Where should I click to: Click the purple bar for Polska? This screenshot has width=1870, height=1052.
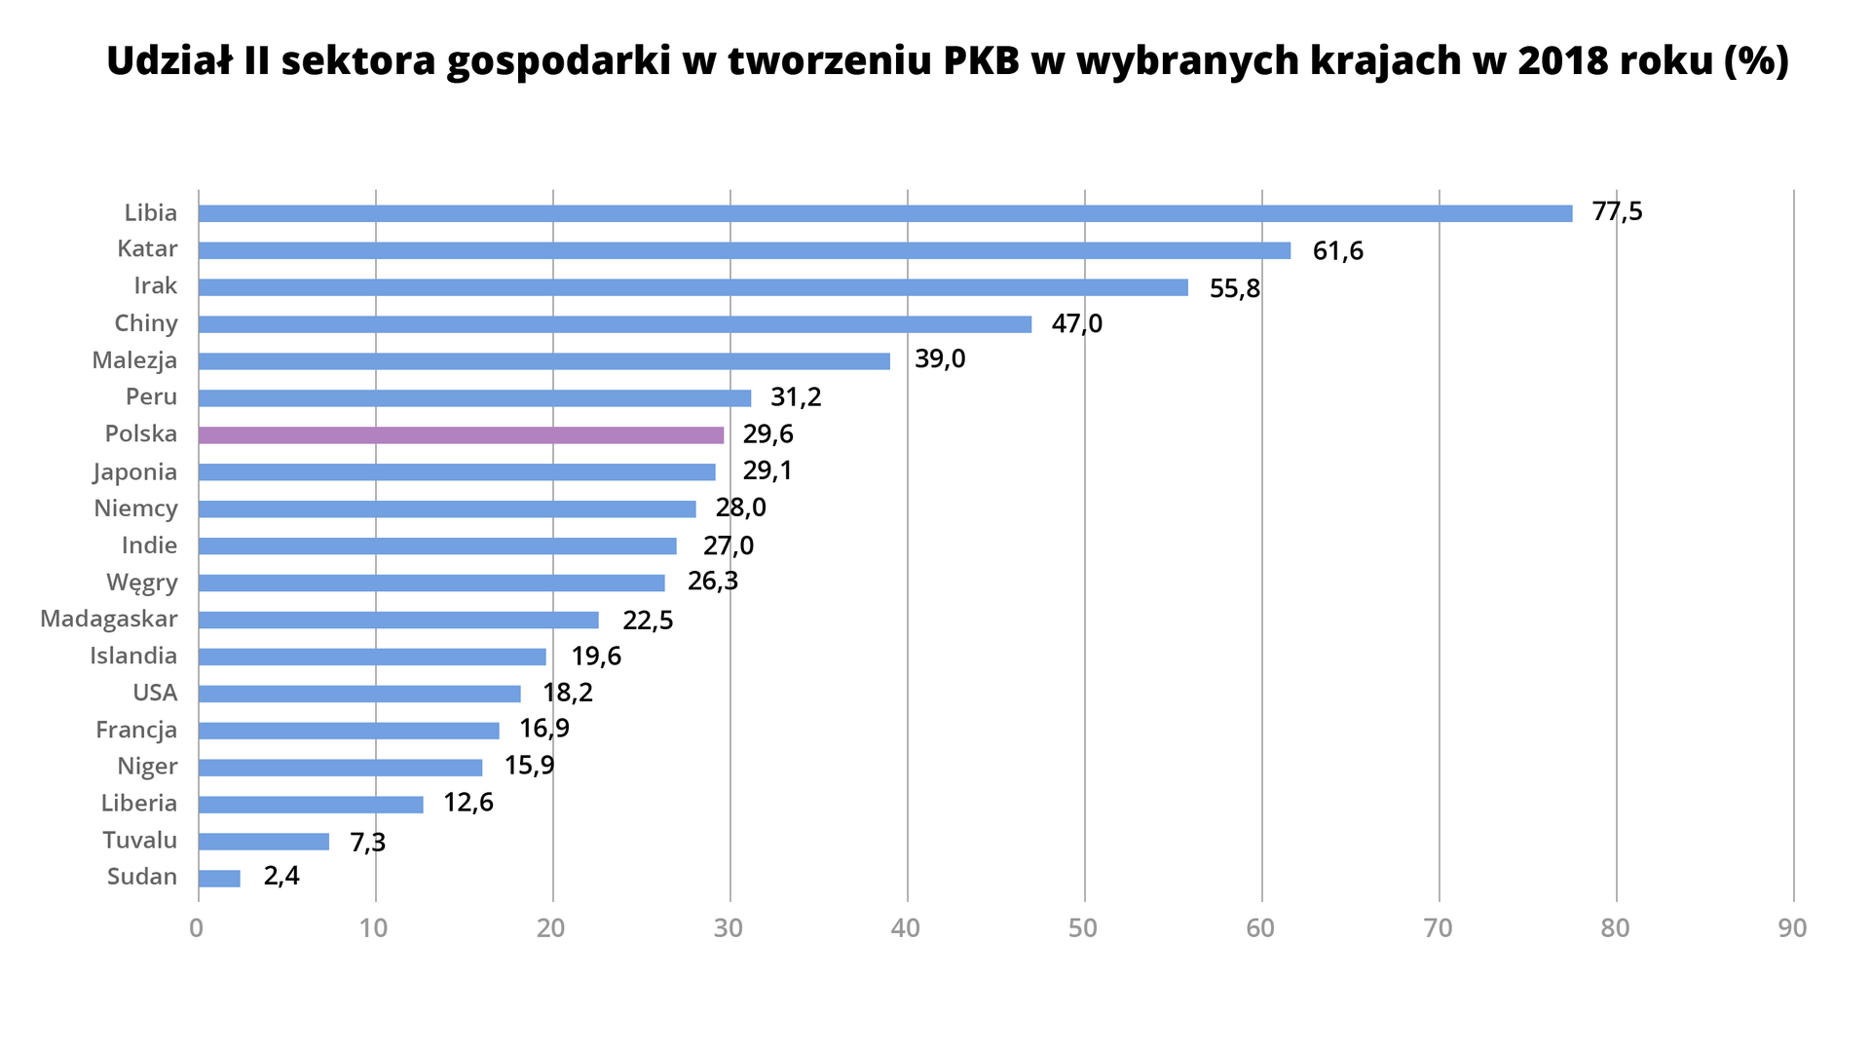[461, 434]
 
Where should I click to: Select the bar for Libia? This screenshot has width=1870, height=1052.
[884, 213]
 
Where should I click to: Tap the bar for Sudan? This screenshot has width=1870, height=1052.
[219, 878]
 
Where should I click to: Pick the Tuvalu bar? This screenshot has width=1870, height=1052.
[264, 841]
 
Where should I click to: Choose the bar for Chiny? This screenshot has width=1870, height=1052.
[615, 324]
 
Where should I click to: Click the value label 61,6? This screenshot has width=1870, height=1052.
[1337, 251]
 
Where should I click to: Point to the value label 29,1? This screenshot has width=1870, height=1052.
[767, 471]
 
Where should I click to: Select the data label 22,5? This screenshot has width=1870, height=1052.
[648, 620]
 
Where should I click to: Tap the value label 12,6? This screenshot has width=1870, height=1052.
[467, 803]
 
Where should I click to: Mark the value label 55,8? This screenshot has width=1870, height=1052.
[1234, 288]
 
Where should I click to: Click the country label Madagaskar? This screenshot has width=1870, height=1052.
[108, 620]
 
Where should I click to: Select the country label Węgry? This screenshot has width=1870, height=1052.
[142, 582]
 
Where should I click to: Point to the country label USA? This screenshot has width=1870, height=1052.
[155, 693]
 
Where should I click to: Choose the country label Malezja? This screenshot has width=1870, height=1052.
[134, 360]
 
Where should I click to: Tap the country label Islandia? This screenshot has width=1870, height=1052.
[133, 656]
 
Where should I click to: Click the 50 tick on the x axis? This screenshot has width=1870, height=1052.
[1083, 928]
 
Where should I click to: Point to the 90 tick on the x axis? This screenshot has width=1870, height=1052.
[1792, 928]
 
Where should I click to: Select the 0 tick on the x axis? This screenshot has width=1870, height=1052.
[197, 928]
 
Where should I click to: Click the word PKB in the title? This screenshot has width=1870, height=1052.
[982, 61]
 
